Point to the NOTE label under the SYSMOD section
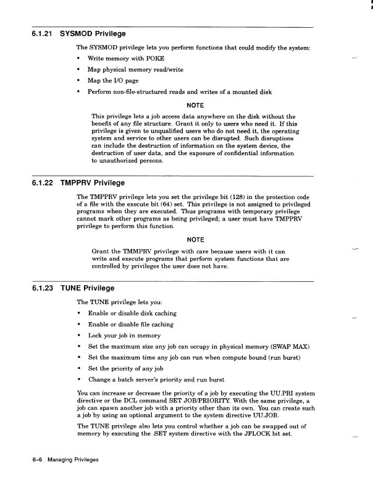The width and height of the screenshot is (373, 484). [x=195, y=105]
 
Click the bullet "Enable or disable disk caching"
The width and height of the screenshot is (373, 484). [x=132, y=313]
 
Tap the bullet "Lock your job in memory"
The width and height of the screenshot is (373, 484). [x=124, y=336]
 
